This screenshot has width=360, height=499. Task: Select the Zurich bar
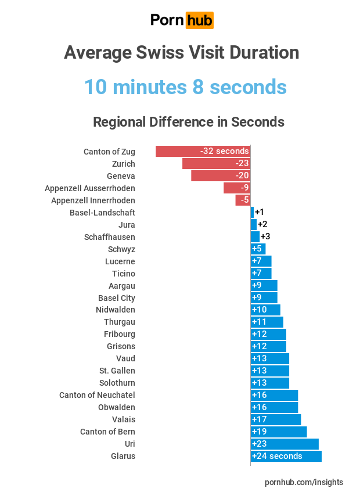tap(216, 164)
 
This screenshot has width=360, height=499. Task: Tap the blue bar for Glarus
tap(286, 456)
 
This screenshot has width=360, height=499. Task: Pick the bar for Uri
tap(285, 444)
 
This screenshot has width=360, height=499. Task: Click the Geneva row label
tap(121, 176)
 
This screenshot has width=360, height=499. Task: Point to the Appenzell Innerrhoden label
tap(93, 200)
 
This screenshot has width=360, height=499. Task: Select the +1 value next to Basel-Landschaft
tap(260, 212)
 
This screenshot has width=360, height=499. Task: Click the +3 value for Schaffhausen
tap(265, 236)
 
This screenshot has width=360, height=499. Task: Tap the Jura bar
tap(253, 224)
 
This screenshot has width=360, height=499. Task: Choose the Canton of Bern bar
tap(279, 432)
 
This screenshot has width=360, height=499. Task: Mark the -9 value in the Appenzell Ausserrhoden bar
tap(244, 188)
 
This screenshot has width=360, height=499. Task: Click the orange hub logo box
tap(199, 20)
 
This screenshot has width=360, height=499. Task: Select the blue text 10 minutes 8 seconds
tap(185, 87)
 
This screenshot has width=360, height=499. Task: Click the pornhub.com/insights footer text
tap(304, 482)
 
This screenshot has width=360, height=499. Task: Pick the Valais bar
tap(276, 419)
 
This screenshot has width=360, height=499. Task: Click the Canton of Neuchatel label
tap(97, 395)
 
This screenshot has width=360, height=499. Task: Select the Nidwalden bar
tap(265, 310)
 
